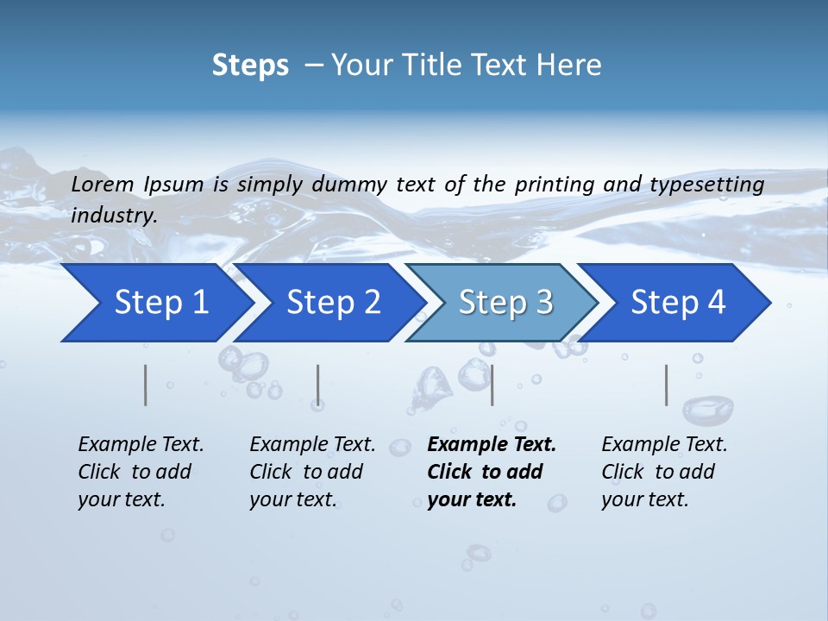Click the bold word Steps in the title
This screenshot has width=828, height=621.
pyautogui.click(x=250, y=66)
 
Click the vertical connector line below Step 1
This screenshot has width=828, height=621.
pyautogui.click(x=146, y=385)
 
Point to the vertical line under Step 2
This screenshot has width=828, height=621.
pyautogui.click(x=318, y=385)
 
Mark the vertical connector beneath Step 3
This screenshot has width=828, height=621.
pyautogui.click(x=492, y=385)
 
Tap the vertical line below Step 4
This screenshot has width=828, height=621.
pyautogui.click(x=666, y=385)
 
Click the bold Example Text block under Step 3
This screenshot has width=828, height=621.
pyautogui.click(x=490, y=472)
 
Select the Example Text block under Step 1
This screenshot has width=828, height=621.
pyautogui.click(x=141, y=472)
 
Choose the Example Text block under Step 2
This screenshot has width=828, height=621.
pyautogui.click(x=312, y=472)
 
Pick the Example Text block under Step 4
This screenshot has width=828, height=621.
pyautogui.click(x=664, y=472)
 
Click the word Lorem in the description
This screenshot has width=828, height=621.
pyautogui.click(x=103, y=184)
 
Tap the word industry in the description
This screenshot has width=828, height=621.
pyautogui.click(x=113, y=216)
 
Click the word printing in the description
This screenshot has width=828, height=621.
pyautogui.click(x=555, y=185)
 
